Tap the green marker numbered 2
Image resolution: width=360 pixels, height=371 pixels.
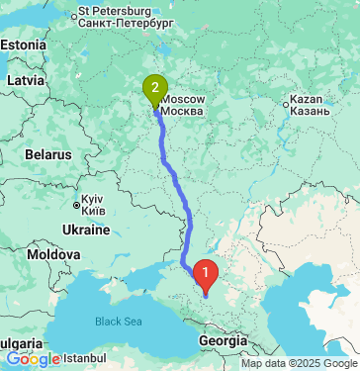pyautogui.click(x=153, y=89)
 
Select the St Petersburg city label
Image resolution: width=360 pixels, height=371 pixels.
pyautogui.click(x=125, y=15)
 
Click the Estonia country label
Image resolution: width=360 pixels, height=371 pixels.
pyautogui.click(x=22, y=46)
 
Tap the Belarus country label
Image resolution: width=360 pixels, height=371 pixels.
pyautogui.click(x=48, y=155)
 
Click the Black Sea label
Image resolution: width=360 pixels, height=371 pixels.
pyautogui.click(x=119, y=321)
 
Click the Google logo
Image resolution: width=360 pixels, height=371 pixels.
pyautogui.click(x=32, y=359)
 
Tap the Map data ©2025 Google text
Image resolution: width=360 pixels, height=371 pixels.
pyautogui.click(x=299, y=363)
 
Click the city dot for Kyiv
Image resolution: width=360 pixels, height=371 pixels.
pyautogui.click(x=77, y=205)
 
